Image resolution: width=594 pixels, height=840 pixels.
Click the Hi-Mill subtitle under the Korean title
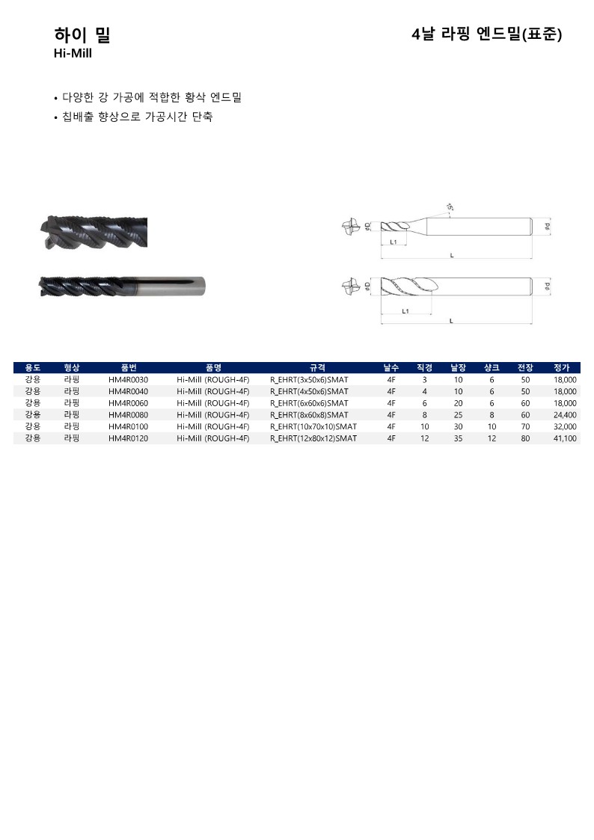pos(73,54)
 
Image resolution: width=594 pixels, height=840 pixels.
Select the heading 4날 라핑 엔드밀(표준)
pos(486,35)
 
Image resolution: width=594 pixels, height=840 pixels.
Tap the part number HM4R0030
pos(128,380)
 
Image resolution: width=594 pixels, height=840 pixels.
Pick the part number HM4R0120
pos(128,438)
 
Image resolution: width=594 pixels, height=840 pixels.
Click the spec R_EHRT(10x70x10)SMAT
pos(313,427)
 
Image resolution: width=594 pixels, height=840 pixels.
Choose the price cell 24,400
pos(565,415)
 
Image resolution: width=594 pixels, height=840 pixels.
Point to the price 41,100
pos(565,438)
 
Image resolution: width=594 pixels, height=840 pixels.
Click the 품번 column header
pos(129,368)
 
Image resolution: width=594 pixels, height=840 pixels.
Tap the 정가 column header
pos(561,368)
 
